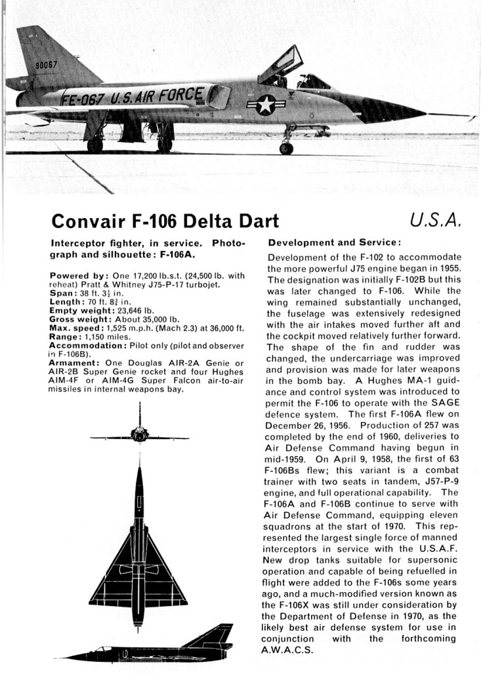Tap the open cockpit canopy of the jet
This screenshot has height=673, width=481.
pyautogui.click(x=280, y=64)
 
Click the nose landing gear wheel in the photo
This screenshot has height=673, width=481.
pyautogui.click(x=286, y=149)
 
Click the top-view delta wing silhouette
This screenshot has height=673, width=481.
pyautogui.click(x=138, y=559)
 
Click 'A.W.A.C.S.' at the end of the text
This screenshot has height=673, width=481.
pyautogui.click(x=289, y=651)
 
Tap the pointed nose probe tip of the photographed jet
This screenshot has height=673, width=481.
pyautogui.click(x=474, y=117)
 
